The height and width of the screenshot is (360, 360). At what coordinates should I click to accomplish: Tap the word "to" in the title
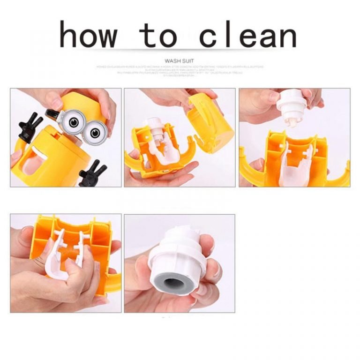(x=161, y=36)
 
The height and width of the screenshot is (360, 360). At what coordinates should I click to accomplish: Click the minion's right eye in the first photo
(x=97, y=129)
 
